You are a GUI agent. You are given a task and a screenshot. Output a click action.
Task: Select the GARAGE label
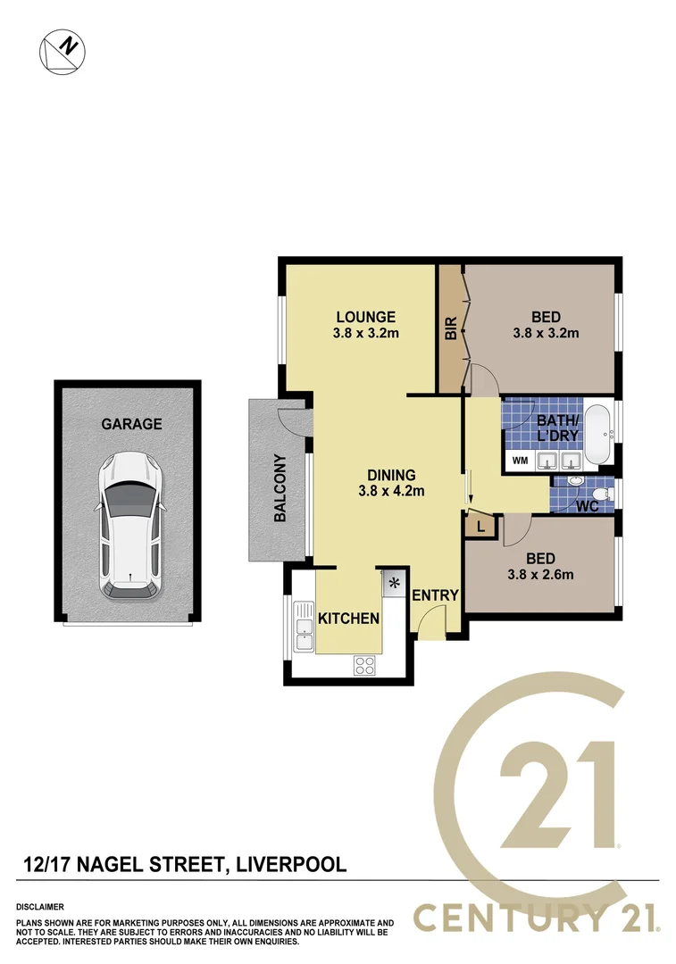coord(131,424)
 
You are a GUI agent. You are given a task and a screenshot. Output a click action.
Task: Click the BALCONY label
coord(280,488)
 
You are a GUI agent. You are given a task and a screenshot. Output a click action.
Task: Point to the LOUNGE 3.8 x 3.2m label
coord(366,325)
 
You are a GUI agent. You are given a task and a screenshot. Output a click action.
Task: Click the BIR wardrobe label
coord(451,328)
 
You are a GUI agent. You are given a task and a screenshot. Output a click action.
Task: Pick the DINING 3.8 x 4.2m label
coord(391,482)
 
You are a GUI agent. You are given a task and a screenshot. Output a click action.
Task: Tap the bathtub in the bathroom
coord(597,435)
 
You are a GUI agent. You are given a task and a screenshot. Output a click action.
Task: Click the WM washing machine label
coord(519,461)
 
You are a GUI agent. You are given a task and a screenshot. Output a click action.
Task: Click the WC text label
coord(587,506)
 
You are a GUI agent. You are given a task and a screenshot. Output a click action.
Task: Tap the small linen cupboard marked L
coord(480,527)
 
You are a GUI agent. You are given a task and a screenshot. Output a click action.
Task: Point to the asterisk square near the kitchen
coord(394,584)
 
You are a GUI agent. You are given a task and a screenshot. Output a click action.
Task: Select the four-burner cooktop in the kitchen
coord(364,664)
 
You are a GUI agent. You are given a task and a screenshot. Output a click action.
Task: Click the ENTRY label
coord(435,595)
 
